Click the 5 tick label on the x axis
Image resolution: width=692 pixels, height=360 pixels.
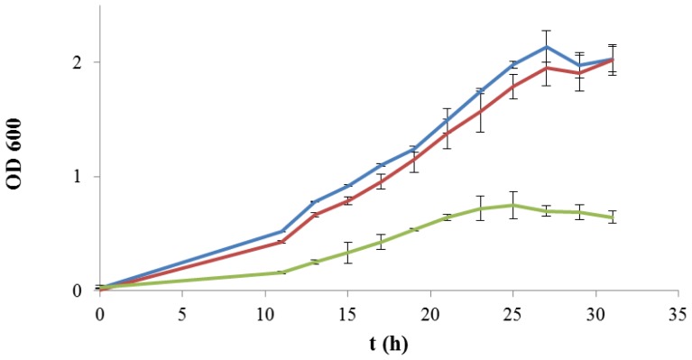pos(182,312)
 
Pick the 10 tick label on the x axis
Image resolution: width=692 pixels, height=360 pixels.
pos(265,312)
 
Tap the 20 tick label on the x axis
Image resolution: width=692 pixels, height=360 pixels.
pos(430,312)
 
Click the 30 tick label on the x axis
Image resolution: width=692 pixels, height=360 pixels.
pos(595,312)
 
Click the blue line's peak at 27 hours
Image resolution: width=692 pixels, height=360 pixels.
pos(546,47)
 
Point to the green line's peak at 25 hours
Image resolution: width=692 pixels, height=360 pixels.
pos(513,205)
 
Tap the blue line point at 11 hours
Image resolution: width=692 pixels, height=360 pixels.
pos(281,231)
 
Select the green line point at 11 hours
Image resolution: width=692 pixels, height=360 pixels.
pos(281,272)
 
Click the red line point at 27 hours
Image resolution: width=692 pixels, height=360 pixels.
pos(546,68)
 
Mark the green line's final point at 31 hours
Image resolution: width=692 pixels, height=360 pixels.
pos(613,217)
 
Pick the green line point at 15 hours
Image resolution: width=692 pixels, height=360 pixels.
pos(348,253)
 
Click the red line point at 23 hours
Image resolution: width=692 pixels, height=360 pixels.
pos(480,111)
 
